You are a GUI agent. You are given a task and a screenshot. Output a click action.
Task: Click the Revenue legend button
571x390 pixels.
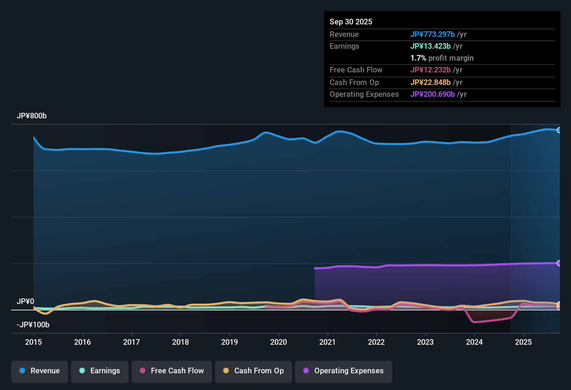coord(40,371)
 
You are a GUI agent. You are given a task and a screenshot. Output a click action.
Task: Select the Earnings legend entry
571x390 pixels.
coord(100,371)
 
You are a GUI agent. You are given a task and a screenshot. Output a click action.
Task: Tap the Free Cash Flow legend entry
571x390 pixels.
coord(172,371)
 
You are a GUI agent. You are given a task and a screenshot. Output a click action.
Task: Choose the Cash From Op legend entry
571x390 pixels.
coord(254,371)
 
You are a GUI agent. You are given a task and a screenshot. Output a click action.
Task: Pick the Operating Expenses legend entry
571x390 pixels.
coord(344,371)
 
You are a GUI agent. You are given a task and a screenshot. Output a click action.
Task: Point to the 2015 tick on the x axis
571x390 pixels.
coord(33,342)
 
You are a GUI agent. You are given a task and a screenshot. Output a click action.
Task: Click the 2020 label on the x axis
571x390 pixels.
coord(279,342)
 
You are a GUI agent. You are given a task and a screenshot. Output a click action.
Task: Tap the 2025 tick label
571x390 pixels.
coord(523,342)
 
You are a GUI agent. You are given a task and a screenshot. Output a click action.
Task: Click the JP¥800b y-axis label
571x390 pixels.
coord(32,116)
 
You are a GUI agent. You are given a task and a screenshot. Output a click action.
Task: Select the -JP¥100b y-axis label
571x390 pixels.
coord(33,325)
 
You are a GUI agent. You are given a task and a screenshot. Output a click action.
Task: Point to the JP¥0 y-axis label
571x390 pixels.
coord(25,302)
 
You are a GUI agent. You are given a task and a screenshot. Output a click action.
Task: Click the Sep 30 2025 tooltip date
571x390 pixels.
coord(351,22)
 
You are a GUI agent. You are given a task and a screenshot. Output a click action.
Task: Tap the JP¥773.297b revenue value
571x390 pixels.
coord(432,34)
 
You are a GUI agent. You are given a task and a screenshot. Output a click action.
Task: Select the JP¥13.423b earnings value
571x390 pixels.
coord(430,46)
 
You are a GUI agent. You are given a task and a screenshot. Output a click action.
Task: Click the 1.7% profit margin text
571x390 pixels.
coord(442,58)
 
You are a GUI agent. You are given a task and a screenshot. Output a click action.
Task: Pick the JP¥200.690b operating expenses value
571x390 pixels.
coord(432,94)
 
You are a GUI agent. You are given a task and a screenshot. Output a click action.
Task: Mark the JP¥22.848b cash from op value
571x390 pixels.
coord(430,83)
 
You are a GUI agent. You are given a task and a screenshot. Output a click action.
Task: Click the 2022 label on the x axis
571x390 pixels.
coord(376,342)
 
